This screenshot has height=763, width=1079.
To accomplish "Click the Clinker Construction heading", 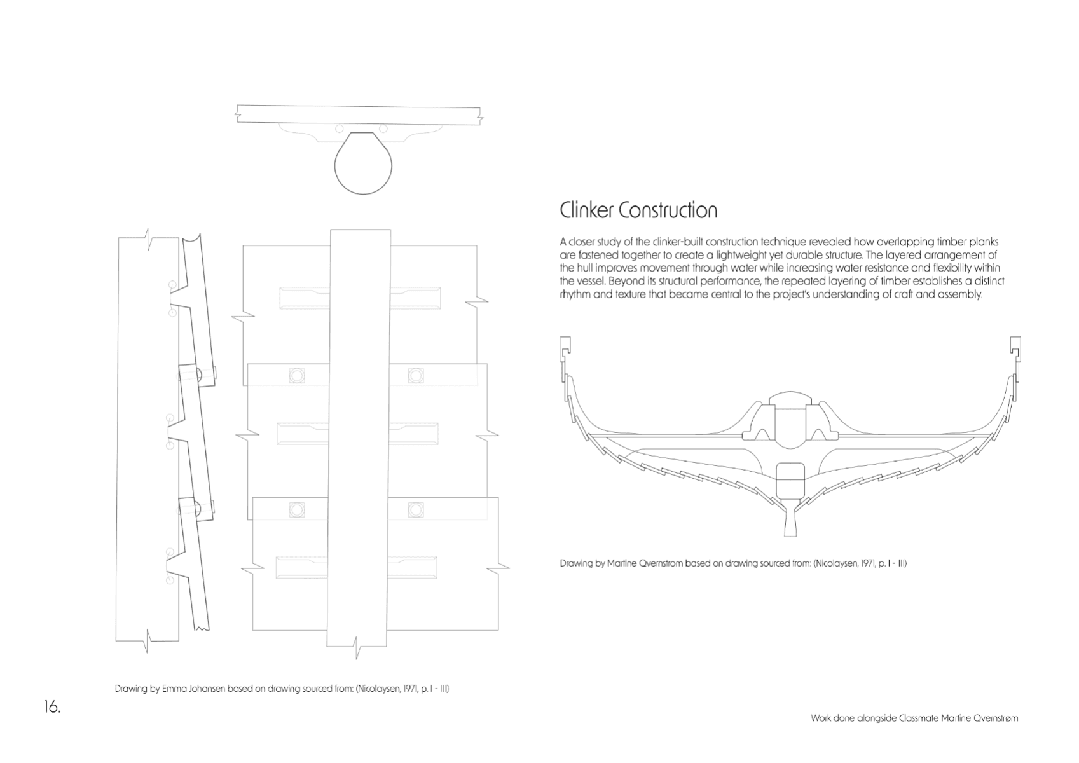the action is pyautogui.click(x=638, y=210).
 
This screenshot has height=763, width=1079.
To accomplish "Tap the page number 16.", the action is pyautogui.click(x=52, y=706).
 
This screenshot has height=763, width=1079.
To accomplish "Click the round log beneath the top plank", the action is pyautogui.click(x=363, y=163).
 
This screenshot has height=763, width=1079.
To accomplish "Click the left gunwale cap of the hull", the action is pyautogui.click(x=565, y=348).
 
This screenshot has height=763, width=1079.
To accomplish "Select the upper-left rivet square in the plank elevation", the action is pyautogui.click(x=297, y=376).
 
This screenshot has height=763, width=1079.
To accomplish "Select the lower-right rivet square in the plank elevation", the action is pyautogui.click(x=416, y=510).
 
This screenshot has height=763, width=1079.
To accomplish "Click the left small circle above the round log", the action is pyautogui.click(x=340, y=128).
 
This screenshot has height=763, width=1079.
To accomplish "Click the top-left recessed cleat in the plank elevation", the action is pyautogui.click(x=305, y=298).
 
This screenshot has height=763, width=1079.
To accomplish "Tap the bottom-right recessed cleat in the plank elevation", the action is pyautogui.click(x=412, y=567).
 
